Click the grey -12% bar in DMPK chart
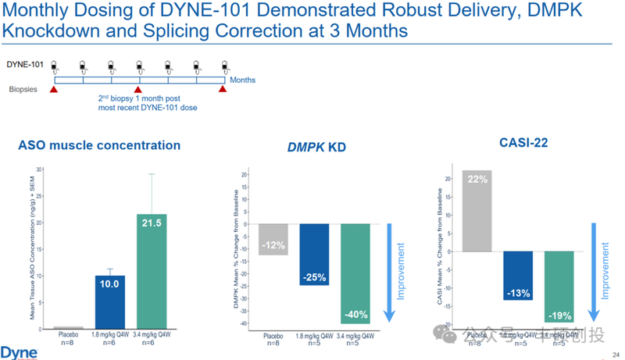(273, 239)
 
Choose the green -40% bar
(356, 273)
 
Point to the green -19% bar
(559, 286)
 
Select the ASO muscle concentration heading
(99, 145)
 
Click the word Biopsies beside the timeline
(23, 89)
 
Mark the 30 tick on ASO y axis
(40, 169)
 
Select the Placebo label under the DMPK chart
(273, 337)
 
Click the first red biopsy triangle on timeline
(54, 89)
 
